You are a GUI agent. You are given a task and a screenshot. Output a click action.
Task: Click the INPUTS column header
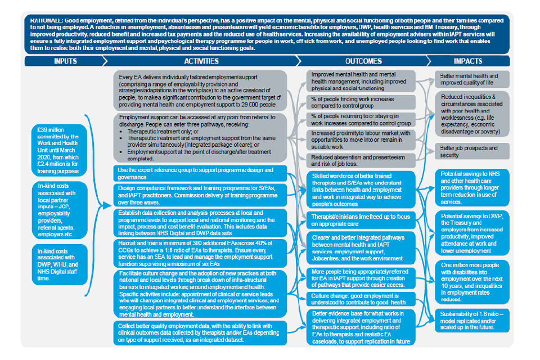point(65,61)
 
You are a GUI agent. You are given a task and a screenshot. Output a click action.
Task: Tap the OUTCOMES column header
point(363,61)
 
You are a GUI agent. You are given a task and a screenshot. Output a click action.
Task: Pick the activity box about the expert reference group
point(201,173)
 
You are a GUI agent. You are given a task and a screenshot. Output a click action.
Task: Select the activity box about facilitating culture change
point(201,294)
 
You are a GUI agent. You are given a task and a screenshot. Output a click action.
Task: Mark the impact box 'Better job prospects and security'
point(471,151)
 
